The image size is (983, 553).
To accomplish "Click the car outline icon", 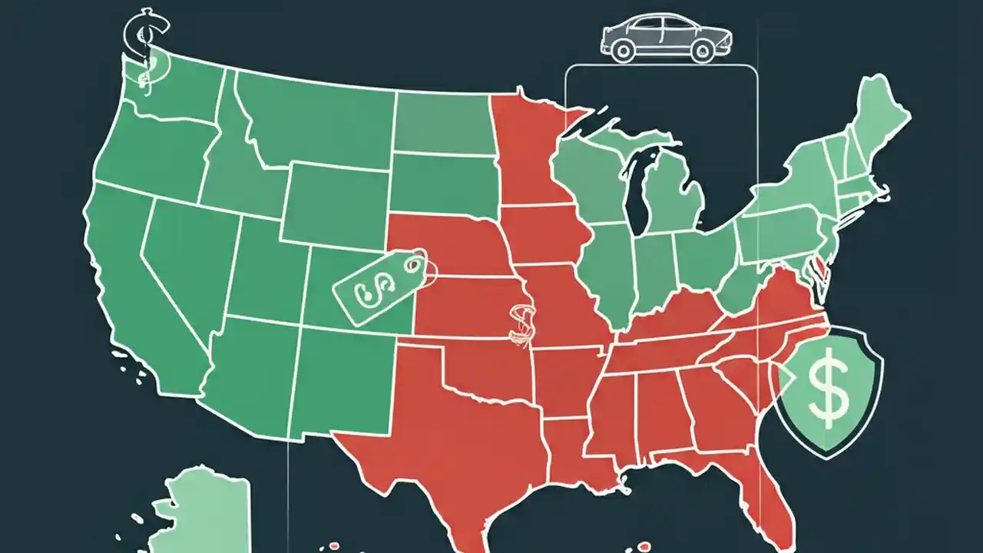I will pyautogui.click(x=667, y=38).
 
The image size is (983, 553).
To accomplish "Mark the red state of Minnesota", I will pyautogui.click(x=530, y=154).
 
